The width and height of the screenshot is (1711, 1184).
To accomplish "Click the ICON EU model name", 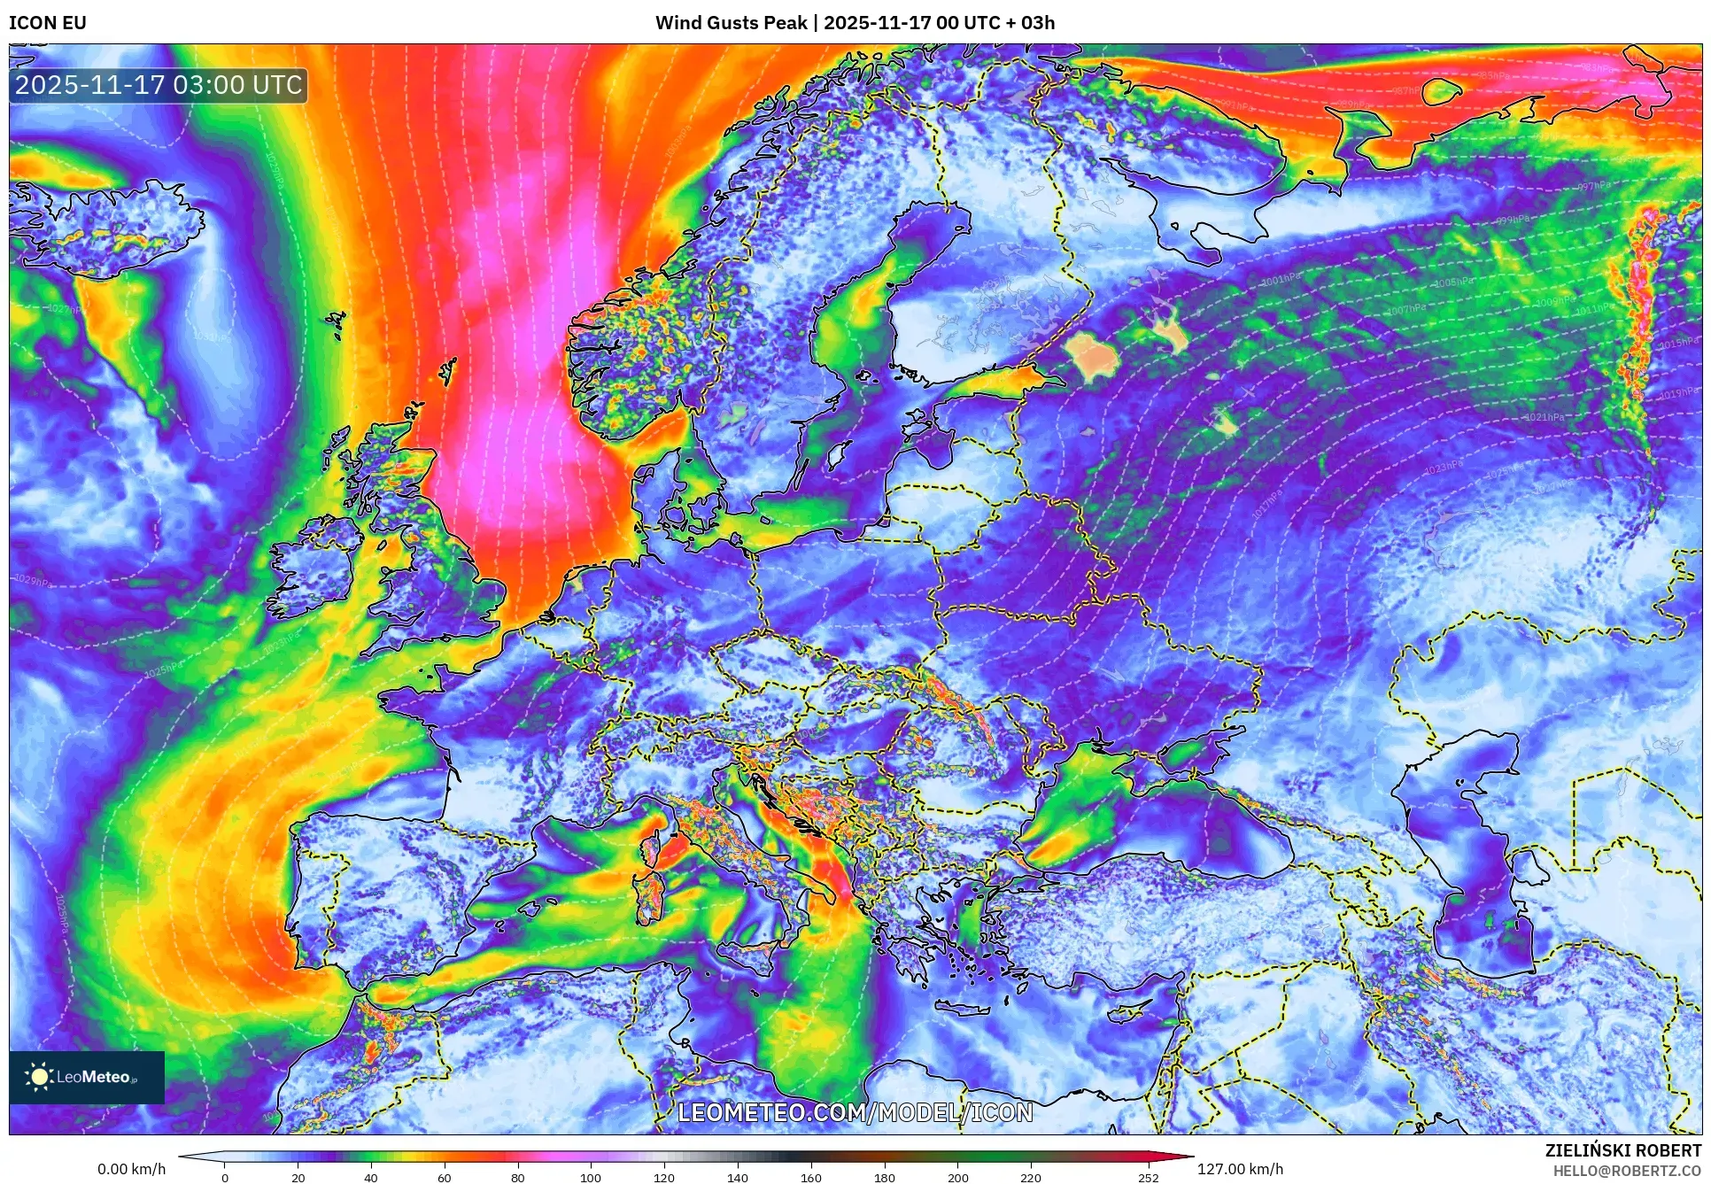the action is (x=48, y=23).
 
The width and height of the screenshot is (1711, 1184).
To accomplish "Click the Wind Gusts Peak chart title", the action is (x=855, y=23).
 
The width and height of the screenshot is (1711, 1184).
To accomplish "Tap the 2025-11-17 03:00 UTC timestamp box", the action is (x=159, y=85).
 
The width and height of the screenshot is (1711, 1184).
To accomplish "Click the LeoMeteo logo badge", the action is (x=87, y=1077).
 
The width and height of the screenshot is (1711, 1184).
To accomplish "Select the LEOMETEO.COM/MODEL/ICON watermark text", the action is (x=855, y=1112).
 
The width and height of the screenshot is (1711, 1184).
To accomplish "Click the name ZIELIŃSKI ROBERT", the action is (x=1622, y=1150).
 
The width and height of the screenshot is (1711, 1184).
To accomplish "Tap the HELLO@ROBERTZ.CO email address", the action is (x=1626, y=1171).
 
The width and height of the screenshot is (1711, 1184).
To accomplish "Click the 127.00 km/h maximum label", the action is (x=1239, y=1169).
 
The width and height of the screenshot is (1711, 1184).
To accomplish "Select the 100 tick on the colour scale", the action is (x=590, y=1178).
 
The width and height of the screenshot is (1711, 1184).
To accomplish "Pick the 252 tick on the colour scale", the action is (x=1148, y=1178).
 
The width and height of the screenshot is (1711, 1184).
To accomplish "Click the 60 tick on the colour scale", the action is (x=444, y=1178).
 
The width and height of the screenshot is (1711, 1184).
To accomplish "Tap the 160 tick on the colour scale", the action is (x=810, y=1178).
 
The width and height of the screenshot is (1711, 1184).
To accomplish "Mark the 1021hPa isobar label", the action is (x=1544, y=417).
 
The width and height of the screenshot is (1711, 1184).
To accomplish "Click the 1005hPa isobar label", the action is (x=1453, y=282).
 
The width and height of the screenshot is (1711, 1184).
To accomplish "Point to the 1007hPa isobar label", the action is (x=1406, y=309).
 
